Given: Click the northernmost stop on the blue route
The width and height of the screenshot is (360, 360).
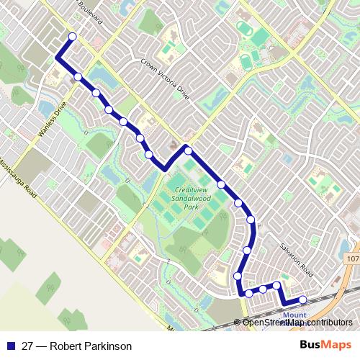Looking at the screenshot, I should pos(72,37).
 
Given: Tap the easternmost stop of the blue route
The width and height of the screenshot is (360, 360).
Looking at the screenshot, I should pos(303,300).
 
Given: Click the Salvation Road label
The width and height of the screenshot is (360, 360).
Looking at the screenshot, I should pos(297,260).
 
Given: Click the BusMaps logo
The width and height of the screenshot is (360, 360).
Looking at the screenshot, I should pos(325,344).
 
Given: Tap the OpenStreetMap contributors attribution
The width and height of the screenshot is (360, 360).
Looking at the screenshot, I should pos(297,322).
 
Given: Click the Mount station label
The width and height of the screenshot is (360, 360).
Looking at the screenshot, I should pos(294,315).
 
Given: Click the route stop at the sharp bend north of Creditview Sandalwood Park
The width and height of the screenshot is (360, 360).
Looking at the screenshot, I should pos(187,150).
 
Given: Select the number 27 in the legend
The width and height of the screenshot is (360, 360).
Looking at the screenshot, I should pos(27,345).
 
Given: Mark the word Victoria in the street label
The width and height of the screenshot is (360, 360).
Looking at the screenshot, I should pos(166,78).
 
